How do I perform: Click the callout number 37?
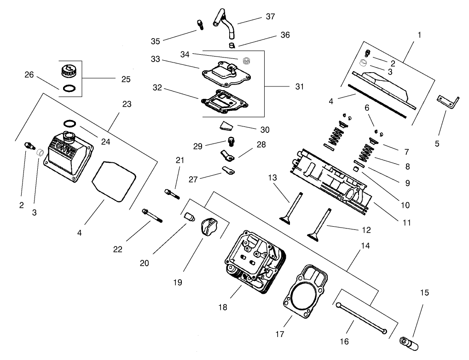pos(270,17)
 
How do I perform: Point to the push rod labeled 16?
pos(362,318)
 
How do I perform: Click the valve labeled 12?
pos(321,225)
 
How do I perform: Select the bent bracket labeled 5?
pos(448,102)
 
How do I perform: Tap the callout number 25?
pos(126,79)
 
